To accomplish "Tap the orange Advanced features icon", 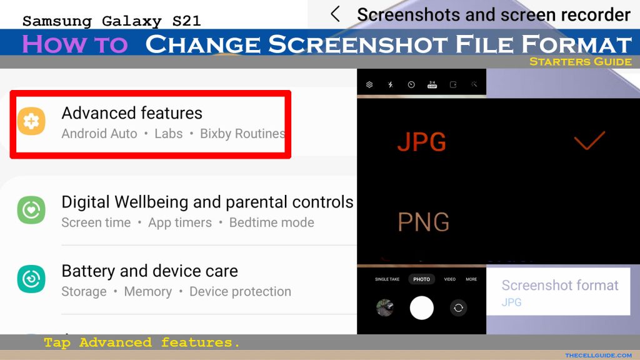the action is click(x=31, y=121).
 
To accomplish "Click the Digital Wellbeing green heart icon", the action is click(x=31, y=210).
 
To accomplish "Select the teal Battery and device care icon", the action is click(x=31, y=279).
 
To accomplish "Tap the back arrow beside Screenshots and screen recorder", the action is click(x=335, y=14).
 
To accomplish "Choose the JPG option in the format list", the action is click(x=422, y=142).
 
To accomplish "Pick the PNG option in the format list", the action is click(x=424, y=222).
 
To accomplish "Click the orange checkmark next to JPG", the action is click(x=589, y=141).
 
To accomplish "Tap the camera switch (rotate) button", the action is click(x=458, y=307).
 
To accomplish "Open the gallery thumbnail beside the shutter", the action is click(x=384, y=307).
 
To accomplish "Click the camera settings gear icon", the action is click(x=369, y=84).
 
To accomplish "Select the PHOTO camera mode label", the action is click(x=422, y=279).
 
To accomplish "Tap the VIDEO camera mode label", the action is click(x=450, y=279).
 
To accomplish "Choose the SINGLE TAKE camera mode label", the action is click(x=387, y=279).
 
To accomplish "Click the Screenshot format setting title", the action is click(x=560, y=285).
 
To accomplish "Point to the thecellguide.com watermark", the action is click(x=598, y=356).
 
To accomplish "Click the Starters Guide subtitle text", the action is click(x=581, y=62).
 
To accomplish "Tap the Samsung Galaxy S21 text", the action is click(x=111, y=21).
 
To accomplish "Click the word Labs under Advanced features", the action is click(x=168, y=134).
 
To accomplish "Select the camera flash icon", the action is click(x=390, y=84).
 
